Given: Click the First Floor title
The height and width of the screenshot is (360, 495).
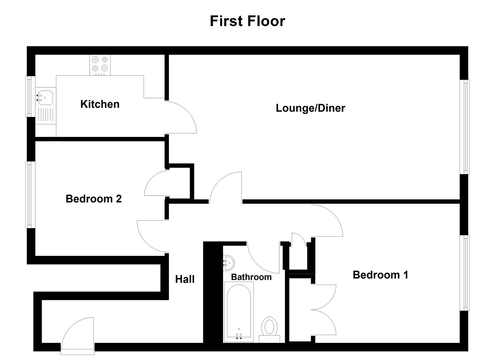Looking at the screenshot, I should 247,21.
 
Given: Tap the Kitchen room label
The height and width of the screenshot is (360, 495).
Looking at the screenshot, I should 100,104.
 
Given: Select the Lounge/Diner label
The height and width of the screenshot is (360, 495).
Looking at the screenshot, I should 310,108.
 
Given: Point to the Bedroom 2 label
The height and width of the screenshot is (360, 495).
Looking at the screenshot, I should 93,199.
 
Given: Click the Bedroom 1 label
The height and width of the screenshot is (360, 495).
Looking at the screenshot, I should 380,275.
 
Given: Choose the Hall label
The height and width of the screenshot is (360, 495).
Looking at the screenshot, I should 185,279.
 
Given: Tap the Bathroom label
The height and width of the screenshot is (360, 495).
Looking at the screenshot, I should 251,277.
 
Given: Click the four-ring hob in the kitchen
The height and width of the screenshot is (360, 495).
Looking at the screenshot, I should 100,64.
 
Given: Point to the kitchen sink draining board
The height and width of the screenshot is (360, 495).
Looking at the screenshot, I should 46,115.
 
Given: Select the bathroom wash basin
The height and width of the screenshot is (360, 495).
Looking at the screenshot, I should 229,263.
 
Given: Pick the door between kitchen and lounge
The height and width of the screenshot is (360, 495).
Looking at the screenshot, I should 180,117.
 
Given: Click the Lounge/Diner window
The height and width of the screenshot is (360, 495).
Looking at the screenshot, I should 465,127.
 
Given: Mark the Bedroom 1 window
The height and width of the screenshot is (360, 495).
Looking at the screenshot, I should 465,273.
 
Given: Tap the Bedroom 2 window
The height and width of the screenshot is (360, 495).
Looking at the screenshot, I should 31,195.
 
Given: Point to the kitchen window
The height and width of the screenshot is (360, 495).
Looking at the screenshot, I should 31,96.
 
